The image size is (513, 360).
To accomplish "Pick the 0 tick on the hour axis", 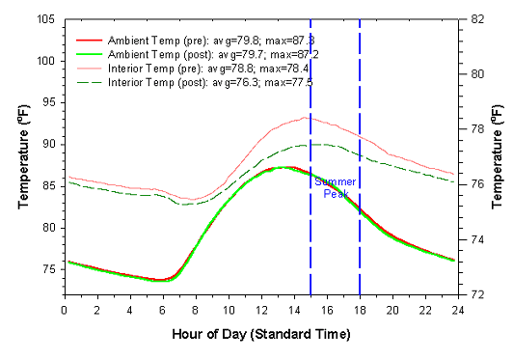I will point(64,309).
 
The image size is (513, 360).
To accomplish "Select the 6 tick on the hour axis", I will point(162,309).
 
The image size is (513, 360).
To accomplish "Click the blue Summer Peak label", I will point(336,187).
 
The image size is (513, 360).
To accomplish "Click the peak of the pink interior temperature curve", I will point(305,117).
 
